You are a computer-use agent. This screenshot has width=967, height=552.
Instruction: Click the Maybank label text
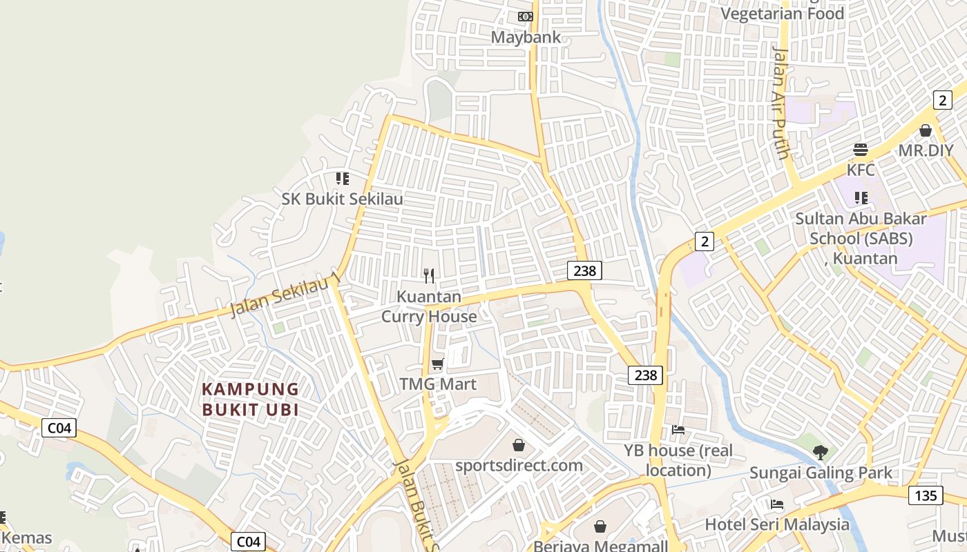pyautogui.click(x=526, y=37)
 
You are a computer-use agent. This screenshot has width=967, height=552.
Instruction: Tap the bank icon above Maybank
pyautogui.click(x=526, y=17)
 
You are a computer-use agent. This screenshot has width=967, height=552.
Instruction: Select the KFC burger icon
pyautogui.click(x=861, y=150)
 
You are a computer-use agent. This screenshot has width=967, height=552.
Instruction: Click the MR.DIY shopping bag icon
pyautogui.click(x=926, y=130)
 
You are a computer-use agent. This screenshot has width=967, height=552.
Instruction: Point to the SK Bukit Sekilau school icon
pyautogui.click(x=343, y=179)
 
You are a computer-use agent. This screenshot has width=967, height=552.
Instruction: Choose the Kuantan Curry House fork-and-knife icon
pyautogui.click(x=429, y=276)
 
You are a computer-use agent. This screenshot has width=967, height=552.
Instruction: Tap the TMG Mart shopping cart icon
pyautogui.click(x=437, y=364)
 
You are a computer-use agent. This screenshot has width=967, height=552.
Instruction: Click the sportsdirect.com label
pyautogui.click(x=519, y=465)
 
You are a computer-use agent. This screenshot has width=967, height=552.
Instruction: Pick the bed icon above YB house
pyautogui.click(x=678, y=430)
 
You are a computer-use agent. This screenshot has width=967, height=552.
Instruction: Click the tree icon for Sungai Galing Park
pyautogui.click(x=821, y=453)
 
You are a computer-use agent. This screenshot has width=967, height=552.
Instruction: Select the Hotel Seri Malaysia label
pyautogui.click(x=777, y=524)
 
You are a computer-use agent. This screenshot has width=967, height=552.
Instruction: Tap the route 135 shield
pyautogui.click(x=925, y=495)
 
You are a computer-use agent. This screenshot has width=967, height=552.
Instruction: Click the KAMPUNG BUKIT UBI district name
pyautogui.click(x=250, y=400)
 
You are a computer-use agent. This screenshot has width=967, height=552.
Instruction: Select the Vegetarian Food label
pyautogui.click(x=782, y=14)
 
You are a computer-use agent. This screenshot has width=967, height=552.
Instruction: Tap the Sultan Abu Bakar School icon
pyautogui.click(x=861, y=198)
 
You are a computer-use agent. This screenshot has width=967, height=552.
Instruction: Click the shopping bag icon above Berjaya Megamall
pyautogui.click(x=600, y=526)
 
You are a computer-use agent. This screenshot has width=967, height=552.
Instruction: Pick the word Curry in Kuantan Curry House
pyautogui.click(x=405, y=317)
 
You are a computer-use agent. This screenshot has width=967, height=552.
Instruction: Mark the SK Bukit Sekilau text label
pyautogui.click(x=343, y=199)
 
